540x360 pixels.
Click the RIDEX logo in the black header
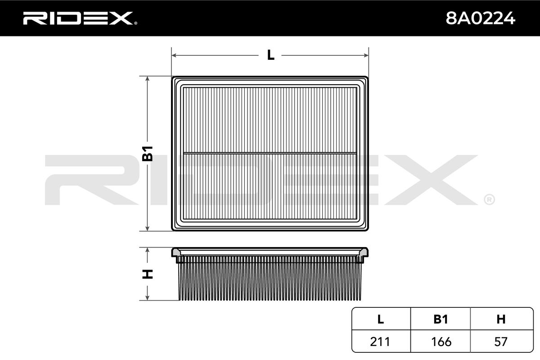80,18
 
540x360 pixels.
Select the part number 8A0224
480,18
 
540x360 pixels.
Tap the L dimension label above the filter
270,55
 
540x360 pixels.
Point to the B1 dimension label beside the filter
148,153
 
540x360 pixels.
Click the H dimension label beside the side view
148,274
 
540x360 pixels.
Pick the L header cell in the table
381,319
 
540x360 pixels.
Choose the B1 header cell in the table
441,319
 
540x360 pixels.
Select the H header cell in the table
501,319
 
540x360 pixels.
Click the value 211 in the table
380,342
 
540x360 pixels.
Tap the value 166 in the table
441,342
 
